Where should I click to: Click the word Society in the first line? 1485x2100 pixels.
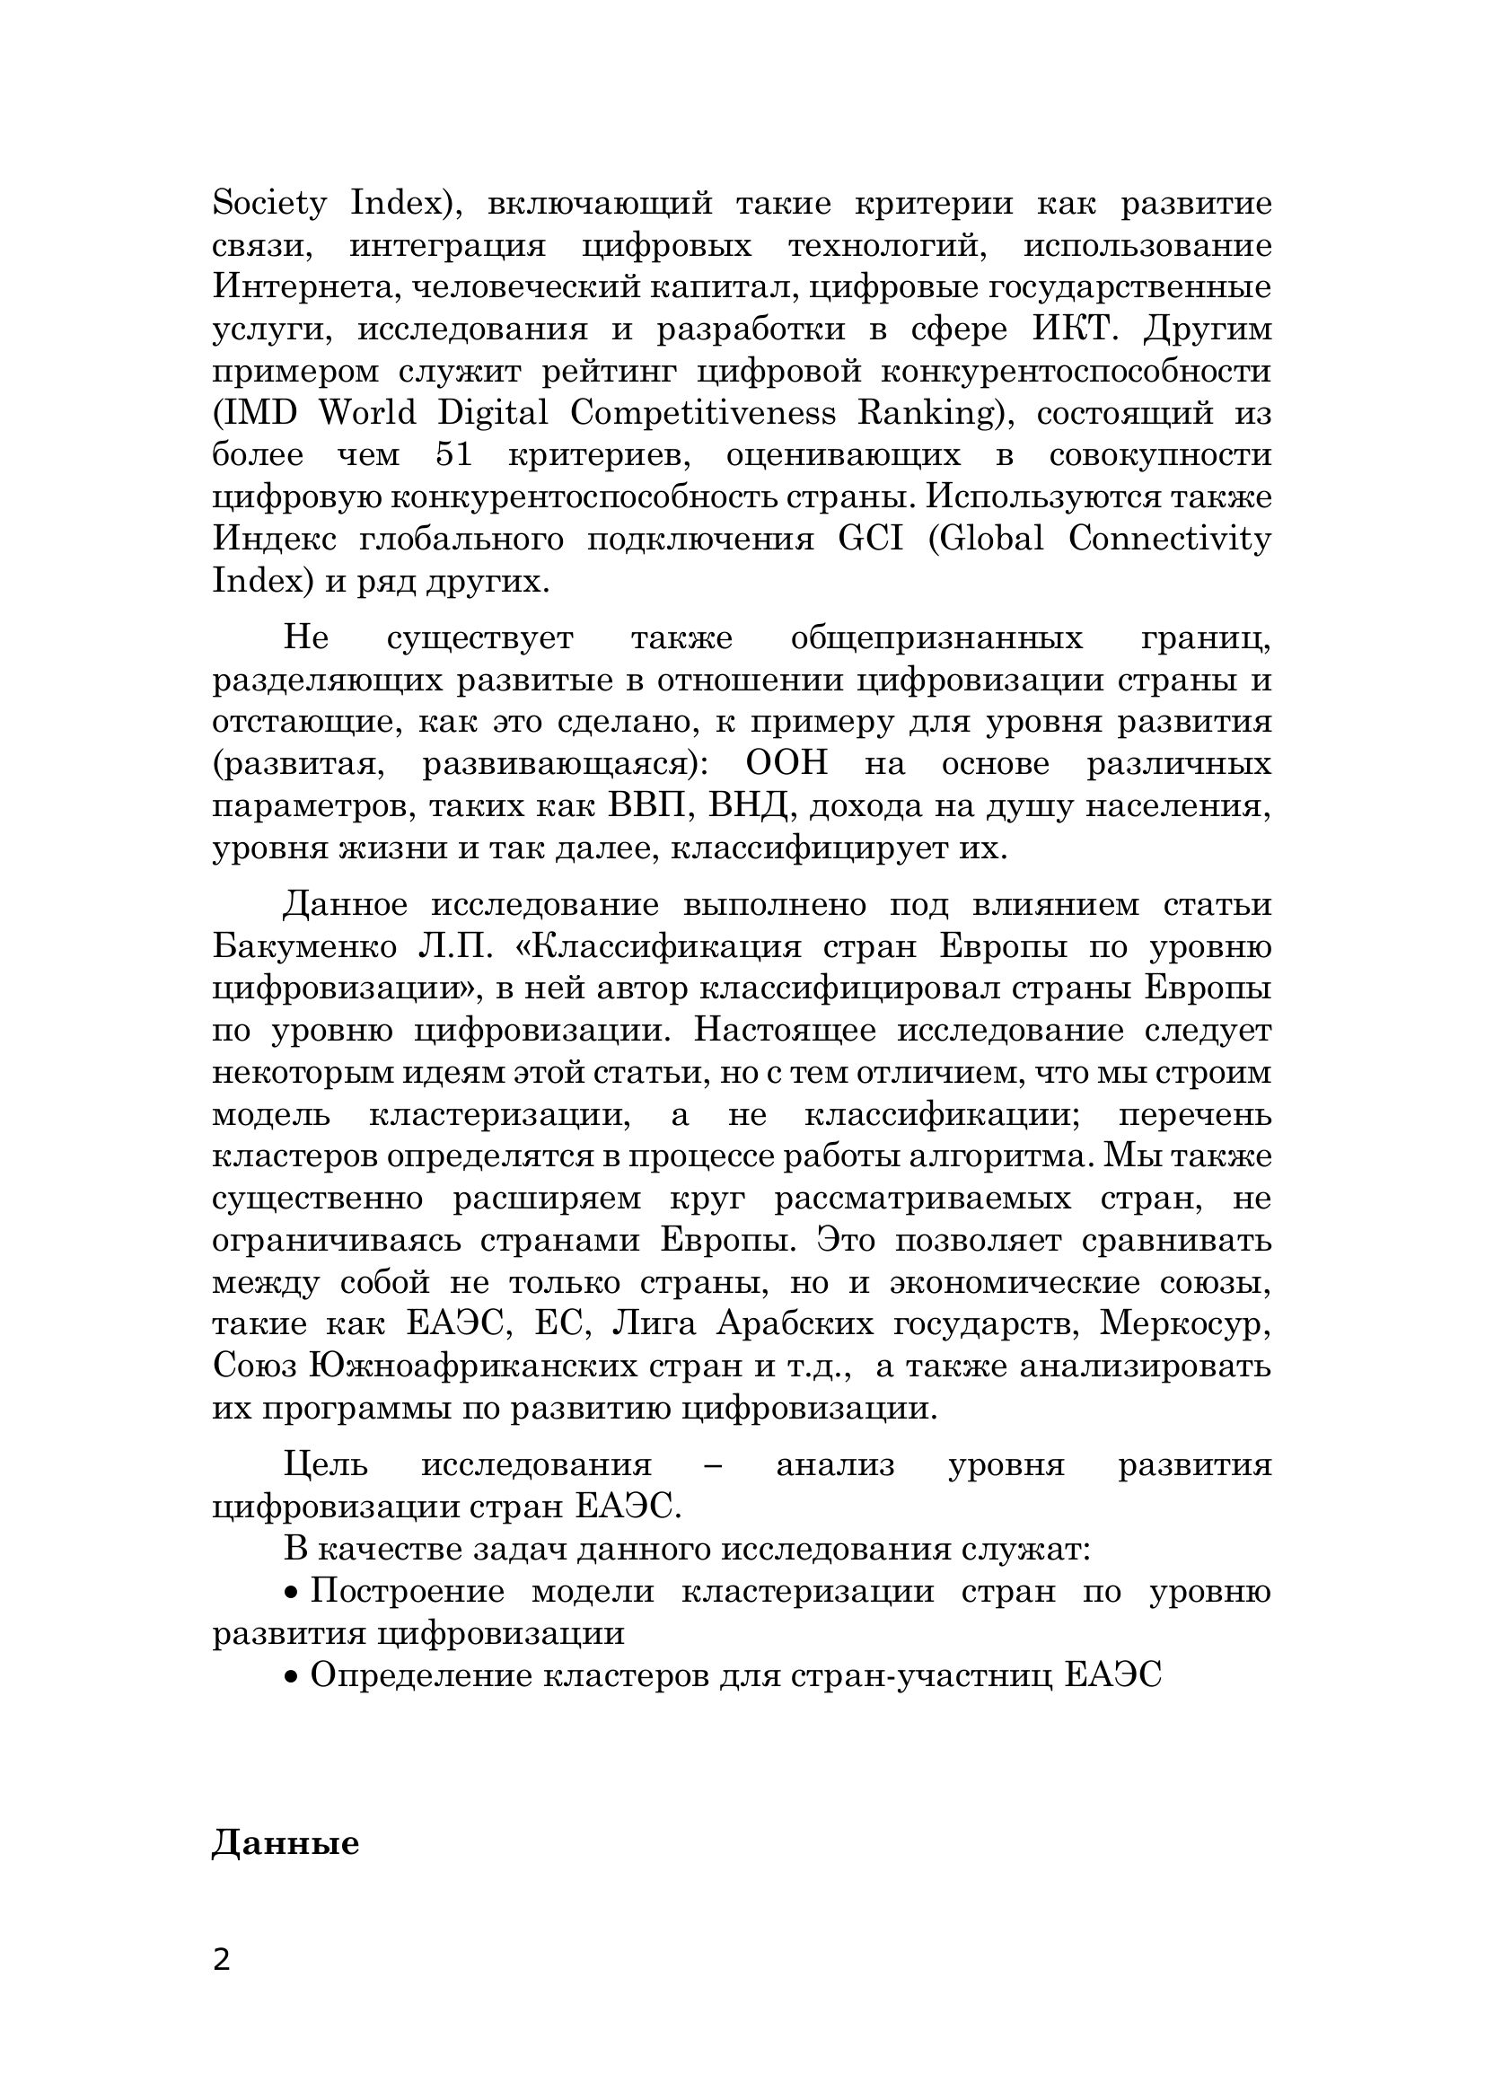point(268,204)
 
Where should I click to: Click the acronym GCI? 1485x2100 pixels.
point(870,540)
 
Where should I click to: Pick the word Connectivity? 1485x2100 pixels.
point(1170,540)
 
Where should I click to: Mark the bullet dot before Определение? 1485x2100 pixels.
point(292,1678)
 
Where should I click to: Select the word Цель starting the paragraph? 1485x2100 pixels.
point(326,1465)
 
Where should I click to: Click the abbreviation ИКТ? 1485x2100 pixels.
point(1076,329)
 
